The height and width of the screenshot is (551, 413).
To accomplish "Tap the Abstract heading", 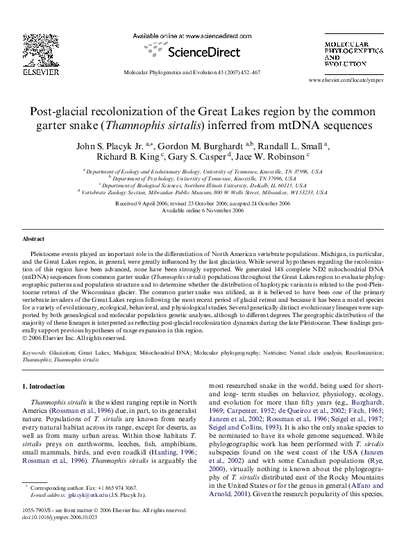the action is pos(33,239).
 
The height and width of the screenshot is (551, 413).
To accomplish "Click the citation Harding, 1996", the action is pos(176,451).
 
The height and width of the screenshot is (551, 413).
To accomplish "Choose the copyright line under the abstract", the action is pos(74,338).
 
